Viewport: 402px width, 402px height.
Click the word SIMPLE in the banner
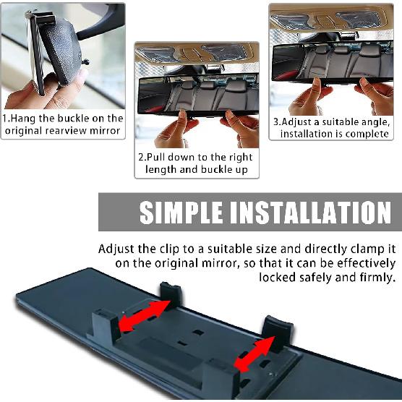tap(179, 213)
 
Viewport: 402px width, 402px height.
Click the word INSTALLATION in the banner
tap(309, 213)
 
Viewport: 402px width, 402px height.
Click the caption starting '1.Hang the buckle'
tap(63, 124)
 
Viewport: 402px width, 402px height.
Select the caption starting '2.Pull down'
tap(196, 163)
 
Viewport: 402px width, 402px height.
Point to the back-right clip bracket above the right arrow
tap(277, 332)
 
